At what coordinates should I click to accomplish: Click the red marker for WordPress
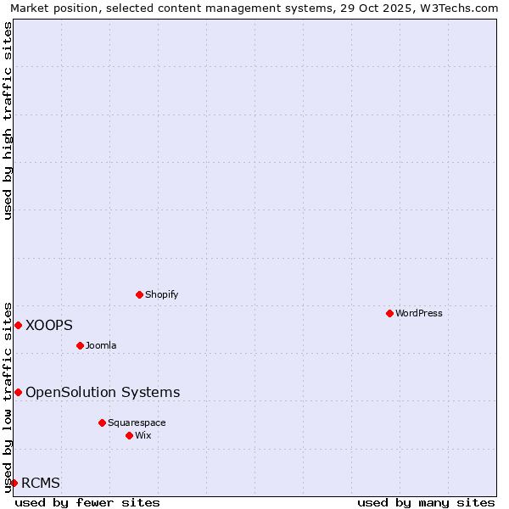pos(389,313)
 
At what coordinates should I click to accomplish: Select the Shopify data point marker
pos(140,294)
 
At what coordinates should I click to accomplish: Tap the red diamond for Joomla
pos(80,345)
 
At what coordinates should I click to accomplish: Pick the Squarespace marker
pos(102,422)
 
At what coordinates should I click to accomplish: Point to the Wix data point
pos(129,435)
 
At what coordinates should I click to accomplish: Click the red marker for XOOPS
pos(18,325)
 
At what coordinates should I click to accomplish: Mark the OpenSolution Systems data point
pos(18,392)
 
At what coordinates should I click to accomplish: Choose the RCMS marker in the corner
pos(14,483)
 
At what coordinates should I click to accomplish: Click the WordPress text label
pos(419,313)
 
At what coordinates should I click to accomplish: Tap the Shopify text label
pos(161,294)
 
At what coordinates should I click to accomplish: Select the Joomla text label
pos(101,345)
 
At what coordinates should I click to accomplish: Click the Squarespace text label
pos(137,422)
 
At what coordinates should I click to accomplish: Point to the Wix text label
pos(143,435)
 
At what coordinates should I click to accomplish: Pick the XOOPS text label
pos(49,325)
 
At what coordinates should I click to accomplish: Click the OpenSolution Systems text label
pos(103,392)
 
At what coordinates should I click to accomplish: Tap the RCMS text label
pos(41,484)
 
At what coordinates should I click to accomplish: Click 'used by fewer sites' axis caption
pos(87,502)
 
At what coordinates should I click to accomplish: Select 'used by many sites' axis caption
pos(426,502)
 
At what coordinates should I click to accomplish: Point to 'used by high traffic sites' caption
pos(8,120)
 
